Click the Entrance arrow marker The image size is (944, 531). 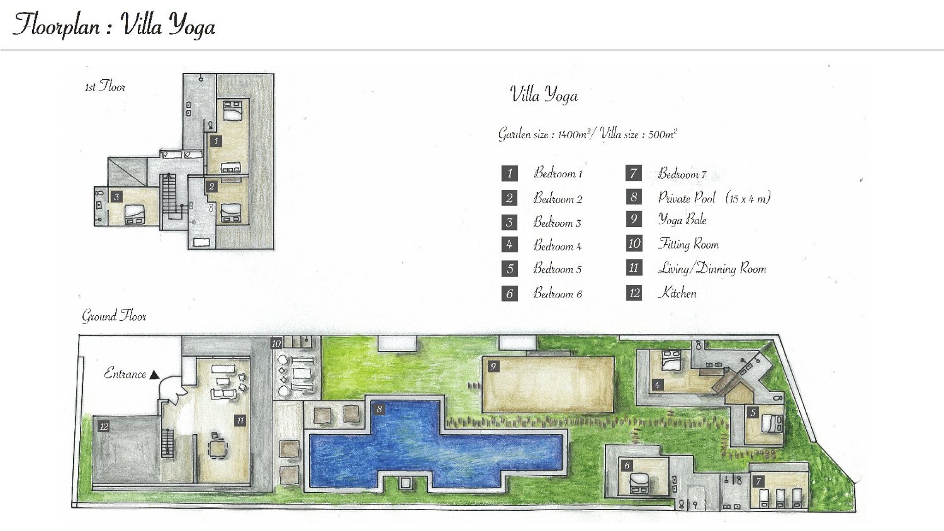pos(155,375)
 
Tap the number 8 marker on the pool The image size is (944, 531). pos(379,408)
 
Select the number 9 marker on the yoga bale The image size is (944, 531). pos(493,366)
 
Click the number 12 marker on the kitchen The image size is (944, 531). pos(103,426)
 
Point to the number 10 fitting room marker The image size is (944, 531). pos(276,343)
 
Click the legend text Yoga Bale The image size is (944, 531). pos(682,220)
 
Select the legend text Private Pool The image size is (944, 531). pos(687,198)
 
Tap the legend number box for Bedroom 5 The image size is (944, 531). pos(509,269)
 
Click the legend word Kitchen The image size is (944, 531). pos(677,293)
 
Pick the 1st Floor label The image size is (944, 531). pos(105,87)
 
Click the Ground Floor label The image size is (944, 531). pos(114,316)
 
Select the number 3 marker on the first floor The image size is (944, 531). pos(117,197)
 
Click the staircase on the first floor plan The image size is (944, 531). pos(170,196)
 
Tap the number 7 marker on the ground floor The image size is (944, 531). pos(758,482)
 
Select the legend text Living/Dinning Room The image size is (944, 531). pos(712,269)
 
